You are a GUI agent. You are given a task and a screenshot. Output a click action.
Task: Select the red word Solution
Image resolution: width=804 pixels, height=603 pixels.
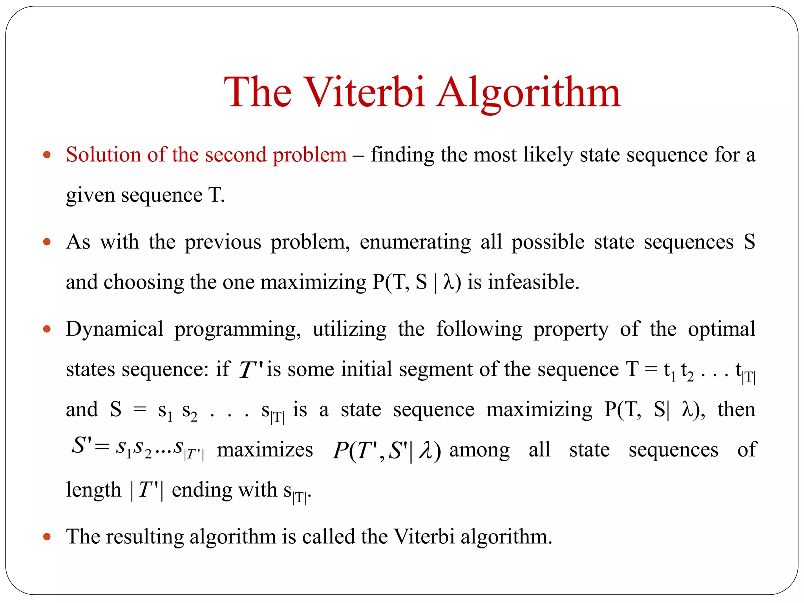coord(103,154)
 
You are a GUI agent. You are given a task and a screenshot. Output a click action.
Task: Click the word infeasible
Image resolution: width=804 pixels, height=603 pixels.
coord(534,282)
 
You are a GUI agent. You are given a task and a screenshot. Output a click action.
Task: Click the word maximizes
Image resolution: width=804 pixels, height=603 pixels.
coord(265,450)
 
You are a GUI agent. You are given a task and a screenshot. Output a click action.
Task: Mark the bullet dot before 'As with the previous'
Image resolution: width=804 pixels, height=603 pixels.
coord(47,242)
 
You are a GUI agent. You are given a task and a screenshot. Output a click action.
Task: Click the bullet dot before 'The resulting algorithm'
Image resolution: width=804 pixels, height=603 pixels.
coord(47,536)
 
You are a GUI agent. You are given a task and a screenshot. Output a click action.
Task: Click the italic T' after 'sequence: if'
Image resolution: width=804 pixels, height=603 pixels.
coord(251,370)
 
